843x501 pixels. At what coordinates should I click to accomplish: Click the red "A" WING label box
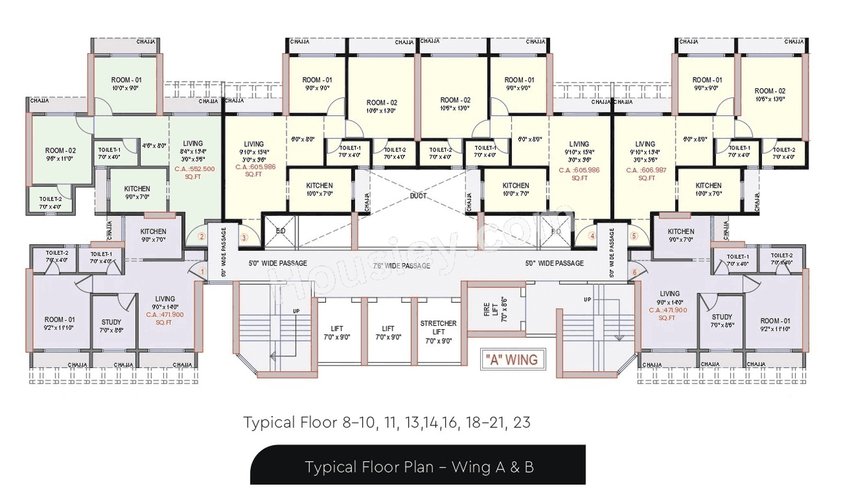click(511, 359)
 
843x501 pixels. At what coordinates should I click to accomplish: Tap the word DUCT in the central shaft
click(418, 196)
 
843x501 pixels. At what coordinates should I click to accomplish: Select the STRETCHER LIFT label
click(438, 332)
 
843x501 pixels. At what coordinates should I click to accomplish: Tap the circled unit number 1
click(202, 271)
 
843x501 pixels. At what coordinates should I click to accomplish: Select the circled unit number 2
click(202, 236)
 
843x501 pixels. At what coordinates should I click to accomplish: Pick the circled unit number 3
click(244, 237)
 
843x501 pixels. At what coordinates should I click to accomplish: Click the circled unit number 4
click(591, 236)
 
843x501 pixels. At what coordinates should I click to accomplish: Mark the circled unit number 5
click(634, 236)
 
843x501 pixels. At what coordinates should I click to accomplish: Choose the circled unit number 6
click(634, 272)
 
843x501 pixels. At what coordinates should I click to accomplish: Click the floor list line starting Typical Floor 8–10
click(387, 422)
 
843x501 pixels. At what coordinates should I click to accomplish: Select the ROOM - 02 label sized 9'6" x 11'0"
click(60, 155)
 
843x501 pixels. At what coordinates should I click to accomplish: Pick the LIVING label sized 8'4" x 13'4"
click(193, 147)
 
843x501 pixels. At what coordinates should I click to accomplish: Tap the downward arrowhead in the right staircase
click(619, 337)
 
